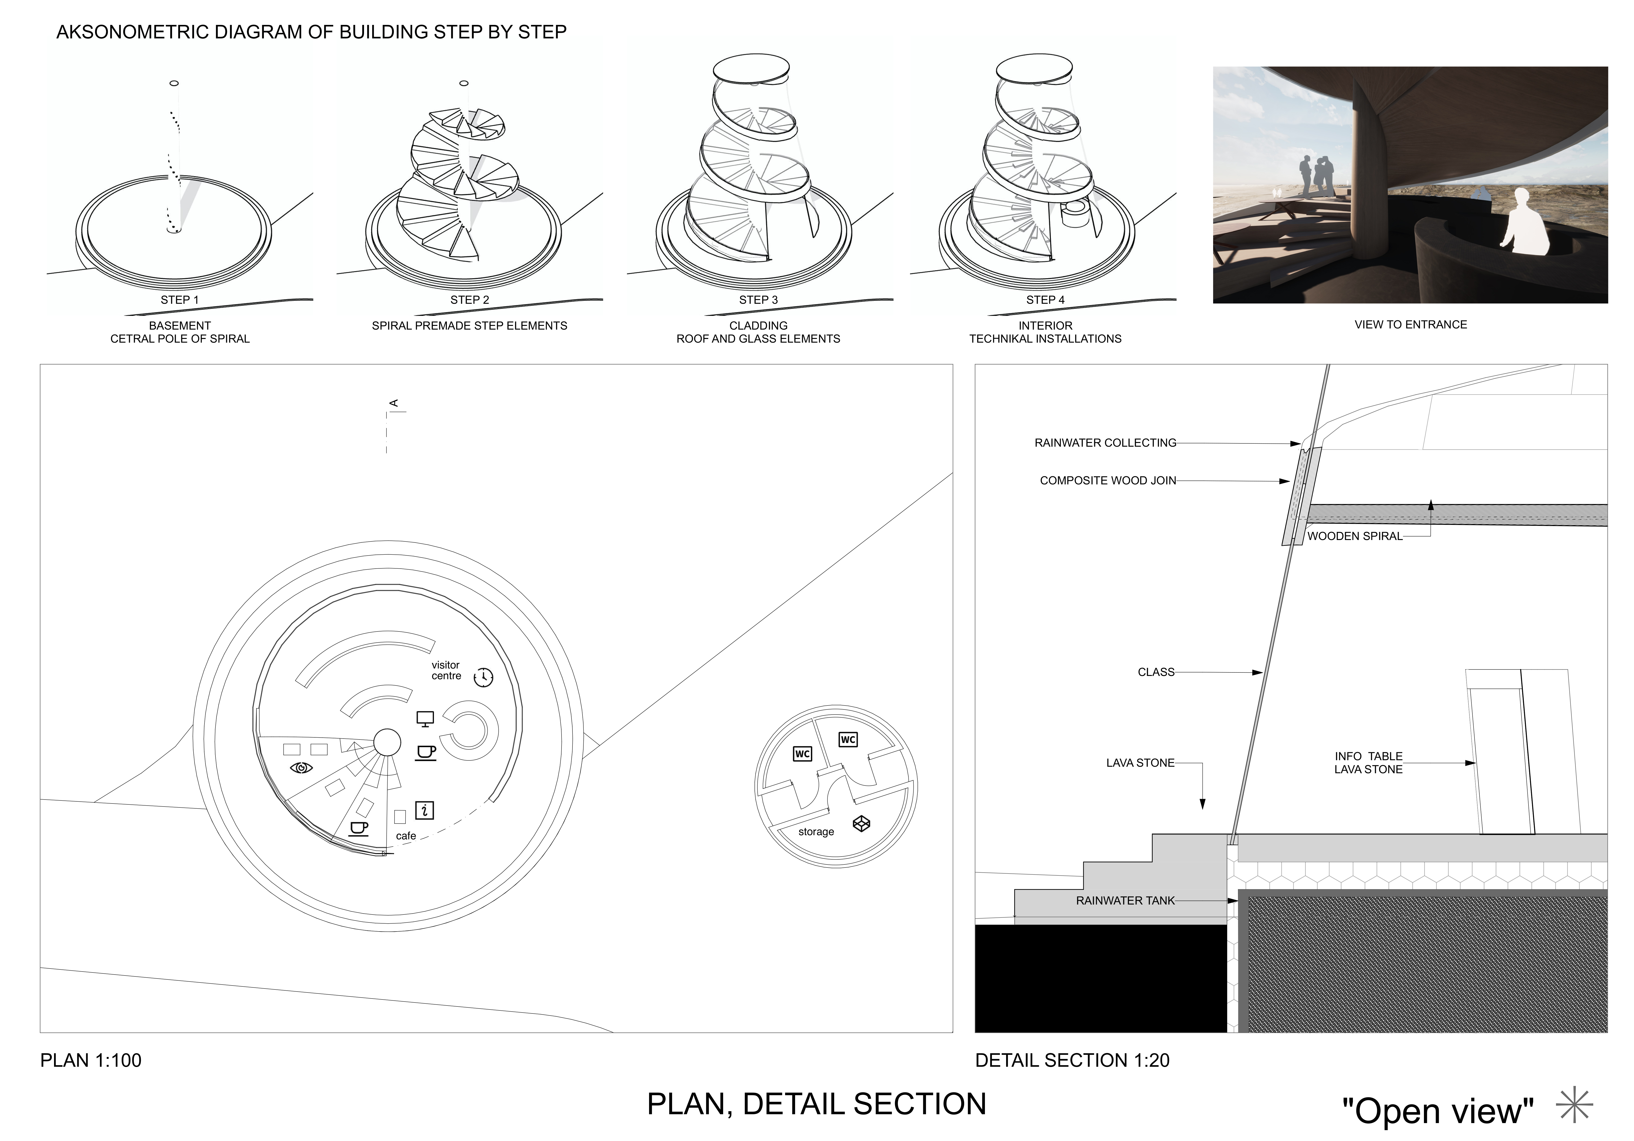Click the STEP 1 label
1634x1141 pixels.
179,300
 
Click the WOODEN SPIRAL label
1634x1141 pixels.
1354,536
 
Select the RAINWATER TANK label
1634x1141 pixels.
1125,901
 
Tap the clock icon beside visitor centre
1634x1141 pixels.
483,677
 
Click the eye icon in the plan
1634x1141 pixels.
302,768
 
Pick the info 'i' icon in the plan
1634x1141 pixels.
425,810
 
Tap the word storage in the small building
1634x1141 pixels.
816,832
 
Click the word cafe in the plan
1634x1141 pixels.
406,836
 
